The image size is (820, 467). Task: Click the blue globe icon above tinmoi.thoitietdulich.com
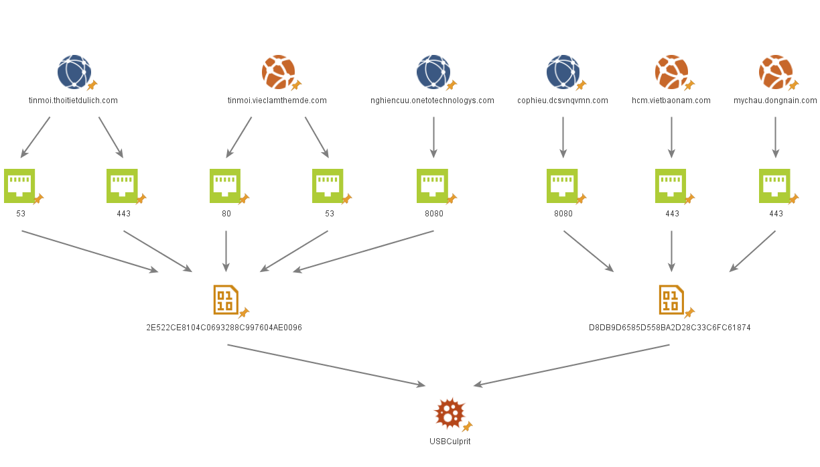point(74,72)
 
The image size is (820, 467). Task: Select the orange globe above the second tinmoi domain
point(278,72)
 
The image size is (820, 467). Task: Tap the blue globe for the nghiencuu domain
point(433,72)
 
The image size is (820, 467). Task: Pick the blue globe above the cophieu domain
point(563,72)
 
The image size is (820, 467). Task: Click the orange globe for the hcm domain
point(671,72)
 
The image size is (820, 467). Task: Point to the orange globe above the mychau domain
point(775,72)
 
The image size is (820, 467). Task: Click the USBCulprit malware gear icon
point(449,413)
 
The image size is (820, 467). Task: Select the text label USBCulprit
point(450,442)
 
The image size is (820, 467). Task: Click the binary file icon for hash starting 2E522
point(226,299)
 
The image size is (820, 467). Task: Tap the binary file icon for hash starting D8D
point(671,299)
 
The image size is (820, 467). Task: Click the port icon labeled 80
point(225,186)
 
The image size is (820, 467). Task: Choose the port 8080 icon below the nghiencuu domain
point(433,186)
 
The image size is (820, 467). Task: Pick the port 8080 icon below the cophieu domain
point(563,186)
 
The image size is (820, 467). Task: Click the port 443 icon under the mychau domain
point(775,186)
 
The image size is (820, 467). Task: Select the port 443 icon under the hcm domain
point(671,186)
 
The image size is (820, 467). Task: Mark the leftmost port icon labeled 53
point(20,186)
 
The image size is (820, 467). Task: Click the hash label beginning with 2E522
point(224,328)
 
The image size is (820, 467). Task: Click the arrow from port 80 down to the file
point(226,251)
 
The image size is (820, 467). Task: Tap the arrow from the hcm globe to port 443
point(671,137)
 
